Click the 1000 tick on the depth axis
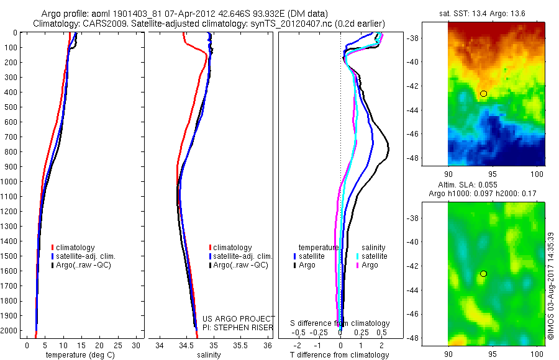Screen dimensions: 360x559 [10, 182]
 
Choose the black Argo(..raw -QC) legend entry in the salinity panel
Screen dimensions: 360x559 [240, 265]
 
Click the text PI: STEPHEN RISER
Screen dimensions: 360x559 [239, 327]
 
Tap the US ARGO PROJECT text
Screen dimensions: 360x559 [239, 318]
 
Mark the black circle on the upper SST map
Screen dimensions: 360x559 [483, 94]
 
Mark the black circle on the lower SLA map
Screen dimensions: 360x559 [483, 274]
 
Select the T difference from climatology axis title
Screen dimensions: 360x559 [340, 355]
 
